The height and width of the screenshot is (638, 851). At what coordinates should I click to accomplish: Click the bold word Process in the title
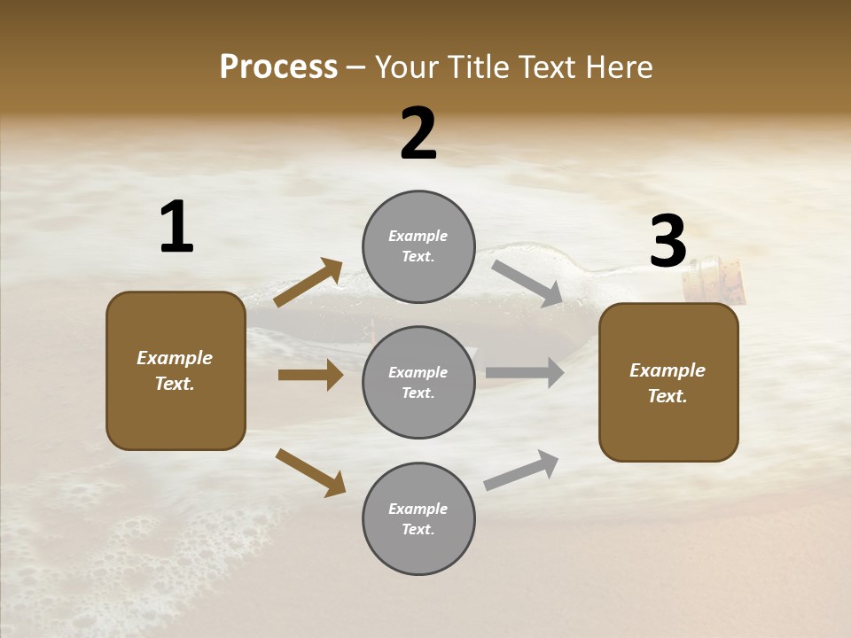(x=278, y=67)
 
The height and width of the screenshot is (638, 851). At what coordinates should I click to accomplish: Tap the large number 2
(x=418, y=133)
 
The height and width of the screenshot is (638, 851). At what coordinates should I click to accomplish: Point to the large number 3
(x=668, y=241)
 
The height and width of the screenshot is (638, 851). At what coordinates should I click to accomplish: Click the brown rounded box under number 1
(x=176, y=370)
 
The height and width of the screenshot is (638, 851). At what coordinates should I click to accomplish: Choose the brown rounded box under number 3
(x=668, y=382)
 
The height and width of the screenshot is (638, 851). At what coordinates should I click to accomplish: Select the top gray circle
(x=418, y=246)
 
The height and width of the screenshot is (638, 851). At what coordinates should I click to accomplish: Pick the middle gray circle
(x=418, y=382)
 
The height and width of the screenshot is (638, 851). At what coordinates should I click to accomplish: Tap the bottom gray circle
(x=418, y=518)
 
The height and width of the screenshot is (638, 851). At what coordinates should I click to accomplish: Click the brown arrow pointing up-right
(x=308, y=283)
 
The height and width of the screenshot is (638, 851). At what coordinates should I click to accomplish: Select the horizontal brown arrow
(x=310, y=375)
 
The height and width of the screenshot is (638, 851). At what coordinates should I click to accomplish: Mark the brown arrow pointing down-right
(x=310, y=472)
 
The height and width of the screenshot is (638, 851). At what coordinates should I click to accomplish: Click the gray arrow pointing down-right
(x=527, y=284)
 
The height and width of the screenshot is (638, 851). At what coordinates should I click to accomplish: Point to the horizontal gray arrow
(x=525, y=372)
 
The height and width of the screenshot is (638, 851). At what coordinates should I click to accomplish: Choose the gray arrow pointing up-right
(x=521, y=471)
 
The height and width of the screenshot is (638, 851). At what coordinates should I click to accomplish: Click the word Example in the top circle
(x=418, y=236)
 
